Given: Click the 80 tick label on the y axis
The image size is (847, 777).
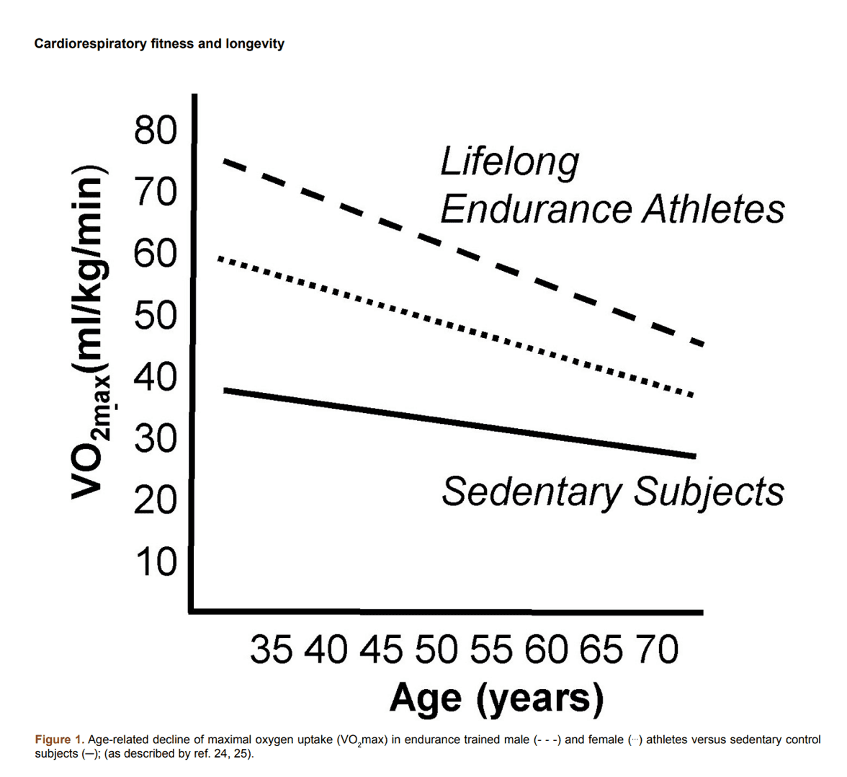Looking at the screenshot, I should click(x=155, y=132).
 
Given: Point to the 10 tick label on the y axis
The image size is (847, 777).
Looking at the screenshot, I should click(x=155, y=561).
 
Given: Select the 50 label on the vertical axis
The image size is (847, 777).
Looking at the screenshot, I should click(x=155, y=315).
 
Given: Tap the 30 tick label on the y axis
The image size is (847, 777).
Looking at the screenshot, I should click(x=155, y=438).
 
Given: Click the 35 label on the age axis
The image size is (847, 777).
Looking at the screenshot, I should click(x=272, y=650).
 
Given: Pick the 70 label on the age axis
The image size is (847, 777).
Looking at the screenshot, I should click(x=656, y=650).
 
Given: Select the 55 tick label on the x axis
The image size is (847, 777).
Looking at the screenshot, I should click(x=492, y=650).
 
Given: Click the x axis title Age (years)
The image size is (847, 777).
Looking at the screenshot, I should click(x=496, y=697).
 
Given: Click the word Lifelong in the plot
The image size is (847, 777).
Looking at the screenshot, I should click(x=509, y=162).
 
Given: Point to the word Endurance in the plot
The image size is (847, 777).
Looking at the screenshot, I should click(x=536, y=209).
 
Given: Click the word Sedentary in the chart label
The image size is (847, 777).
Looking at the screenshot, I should click(x=531, y=492).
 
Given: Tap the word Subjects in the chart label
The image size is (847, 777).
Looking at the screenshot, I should click(x=709, y=492).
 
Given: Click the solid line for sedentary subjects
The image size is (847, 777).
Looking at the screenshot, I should click(x=461, y=423).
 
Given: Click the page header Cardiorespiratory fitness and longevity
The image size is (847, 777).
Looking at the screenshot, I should click(x=159, y=44).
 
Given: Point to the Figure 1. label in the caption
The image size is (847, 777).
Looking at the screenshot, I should click(x=60, y=740).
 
